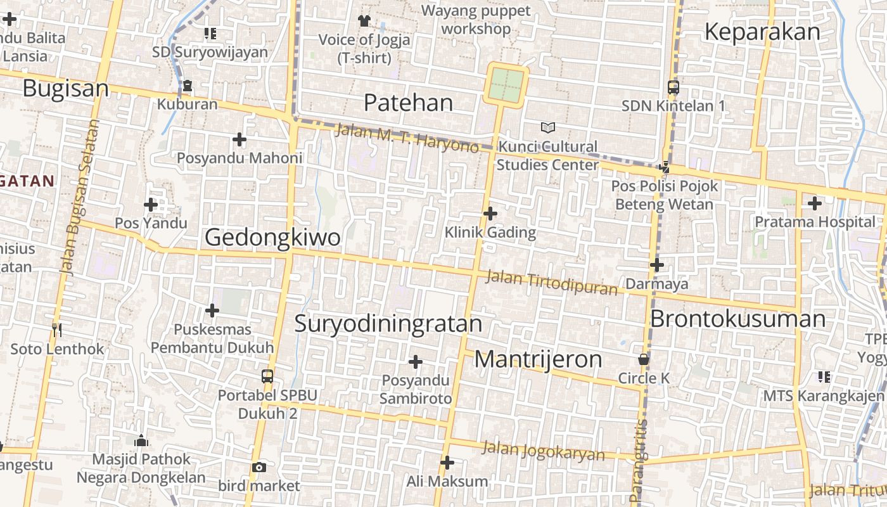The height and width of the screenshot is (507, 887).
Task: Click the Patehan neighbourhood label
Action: (x=409, y=103)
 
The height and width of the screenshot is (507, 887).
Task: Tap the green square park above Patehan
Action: (x=506, y=85)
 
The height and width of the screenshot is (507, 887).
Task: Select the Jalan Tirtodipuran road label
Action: (x=551, y=283)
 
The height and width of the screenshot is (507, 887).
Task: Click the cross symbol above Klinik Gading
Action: (x=490, y=214)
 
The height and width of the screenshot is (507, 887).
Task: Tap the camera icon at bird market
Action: (x=258, y=468)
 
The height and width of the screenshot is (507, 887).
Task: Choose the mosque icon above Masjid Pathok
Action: (x=141, y=440)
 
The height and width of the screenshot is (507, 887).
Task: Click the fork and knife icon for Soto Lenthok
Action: (x=57, y=330)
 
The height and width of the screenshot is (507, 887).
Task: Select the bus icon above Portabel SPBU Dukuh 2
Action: (x=267, y=376)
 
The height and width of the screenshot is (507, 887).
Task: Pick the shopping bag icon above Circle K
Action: (x=644, y=359)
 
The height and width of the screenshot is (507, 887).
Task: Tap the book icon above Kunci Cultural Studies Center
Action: (x=547, y=128)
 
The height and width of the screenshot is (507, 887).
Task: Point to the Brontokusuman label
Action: (x=738, y=318)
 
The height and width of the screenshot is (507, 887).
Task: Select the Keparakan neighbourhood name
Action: (x=762, y=32)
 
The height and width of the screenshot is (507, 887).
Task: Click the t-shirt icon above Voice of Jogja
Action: (x=364, y=21)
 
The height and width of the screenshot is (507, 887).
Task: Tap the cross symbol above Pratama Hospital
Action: (x=815, y=203)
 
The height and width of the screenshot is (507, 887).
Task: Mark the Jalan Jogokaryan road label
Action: (x=544, y=451)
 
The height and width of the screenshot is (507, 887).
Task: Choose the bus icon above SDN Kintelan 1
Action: (x=673, y=87)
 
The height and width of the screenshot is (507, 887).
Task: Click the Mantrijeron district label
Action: (x=538, y=359)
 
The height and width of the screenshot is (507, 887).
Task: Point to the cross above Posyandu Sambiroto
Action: (x=416, y=362)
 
